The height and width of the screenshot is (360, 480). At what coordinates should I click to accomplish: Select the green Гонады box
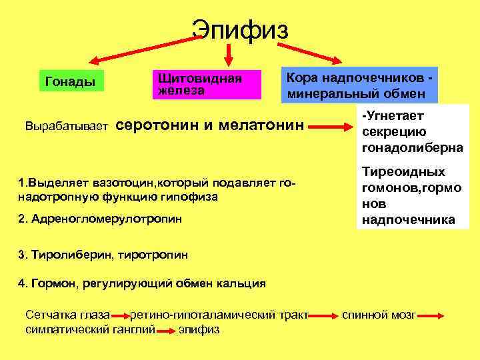click(x=70, y=82)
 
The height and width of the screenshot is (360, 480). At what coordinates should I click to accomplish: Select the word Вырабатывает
click(x=66, y=125)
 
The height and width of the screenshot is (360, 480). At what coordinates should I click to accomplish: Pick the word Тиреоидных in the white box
click(x=403, y=172)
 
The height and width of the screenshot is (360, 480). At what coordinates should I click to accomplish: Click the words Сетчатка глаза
click(x=66, y=314)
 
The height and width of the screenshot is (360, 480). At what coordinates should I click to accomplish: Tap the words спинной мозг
click(x=379, y=314)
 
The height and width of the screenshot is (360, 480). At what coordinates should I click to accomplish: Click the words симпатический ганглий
click(x=89, y=329)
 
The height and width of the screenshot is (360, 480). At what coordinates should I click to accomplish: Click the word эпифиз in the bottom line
click(x=199, y=329)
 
